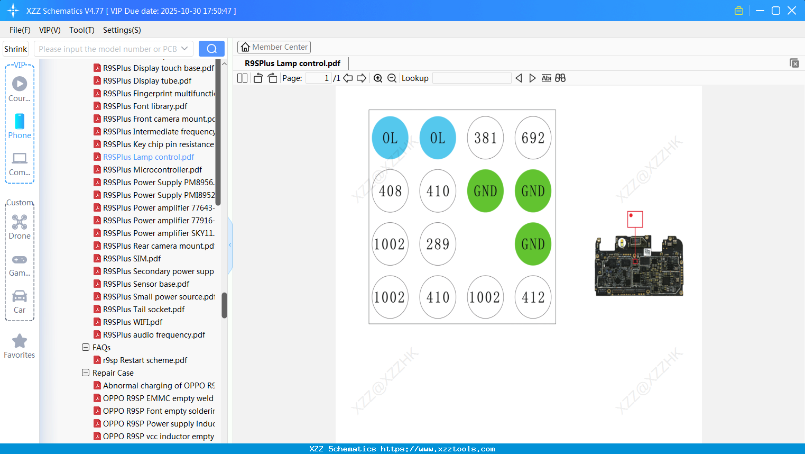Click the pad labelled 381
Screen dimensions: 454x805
(x=485, y=138)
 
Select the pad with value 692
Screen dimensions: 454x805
(x=533, y=138)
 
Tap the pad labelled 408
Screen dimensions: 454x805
(x=390, y=191)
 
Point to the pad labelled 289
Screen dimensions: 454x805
(x=438, y=244)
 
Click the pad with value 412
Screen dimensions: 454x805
(x=533, y=297)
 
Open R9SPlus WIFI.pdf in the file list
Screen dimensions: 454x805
(x=133, y=322)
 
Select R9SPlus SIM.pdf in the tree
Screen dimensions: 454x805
(x=132, y=259)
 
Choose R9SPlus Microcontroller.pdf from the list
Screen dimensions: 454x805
(x=152, y=170)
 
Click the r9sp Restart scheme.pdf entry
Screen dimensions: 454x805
(x=145, y=360)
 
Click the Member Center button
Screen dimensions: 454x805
(x=274, y=47)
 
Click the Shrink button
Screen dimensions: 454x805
(x=15, y=49)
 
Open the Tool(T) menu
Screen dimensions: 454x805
(x=81, y=30)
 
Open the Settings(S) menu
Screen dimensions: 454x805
(x=122, y=30)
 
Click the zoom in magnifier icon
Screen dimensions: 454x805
(x=378, y=78)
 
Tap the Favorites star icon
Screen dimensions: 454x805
(x=20, y=341)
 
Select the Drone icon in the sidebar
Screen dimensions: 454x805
(x=20, y=222)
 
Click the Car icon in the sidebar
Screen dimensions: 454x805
(x=20, y=296)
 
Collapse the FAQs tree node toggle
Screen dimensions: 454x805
(x=86, y=348)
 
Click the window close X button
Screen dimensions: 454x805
(x=792, y=11)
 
